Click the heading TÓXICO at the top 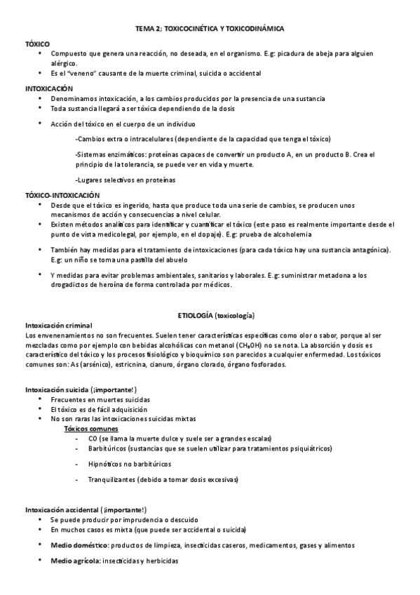(x=38, y=43)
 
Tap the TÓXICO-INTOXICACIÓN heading (x=62, y=194)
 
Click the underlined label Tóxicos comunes (x=91, y=429)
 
